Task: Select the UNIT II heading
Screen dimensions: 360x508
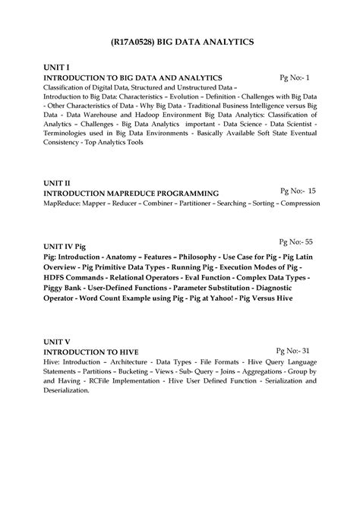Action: (57, 184)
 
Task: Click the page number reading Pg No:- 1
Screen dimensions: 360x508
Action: (295, 77)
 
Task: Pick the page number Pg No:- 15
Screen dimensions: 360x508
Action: (298, 191)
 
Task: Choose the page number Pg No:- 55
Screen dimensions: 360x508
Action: (296, 241)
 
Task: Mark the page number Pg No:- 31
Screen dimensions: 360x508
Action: (295, 351)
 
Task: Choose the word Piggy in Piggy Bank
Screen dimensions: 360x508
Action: (55, 288)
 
